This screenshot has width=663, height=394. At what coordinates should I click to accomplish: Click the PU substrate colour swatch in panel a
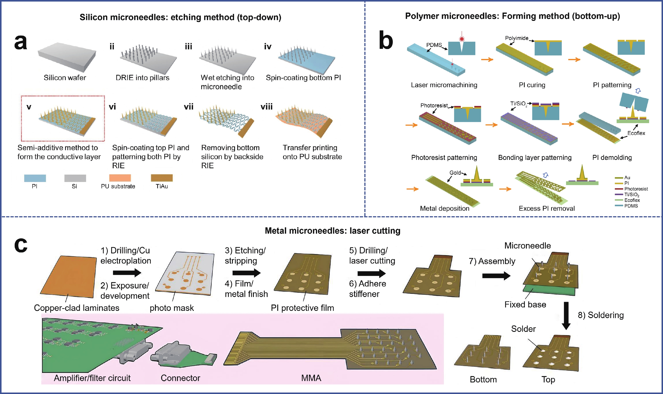tap(120, 178)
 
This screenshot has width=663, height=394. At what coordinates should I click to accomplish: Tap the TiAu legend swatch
tap(162, 178)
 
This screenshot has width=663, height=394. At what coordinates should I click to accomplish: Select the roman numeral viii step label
tap(266, 107)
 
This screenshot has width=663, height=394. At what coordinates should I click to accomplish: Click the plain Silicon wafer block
tap(67, 57)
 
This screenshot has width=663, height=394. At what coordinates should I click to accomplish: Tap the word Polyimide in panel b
tap(517, 38)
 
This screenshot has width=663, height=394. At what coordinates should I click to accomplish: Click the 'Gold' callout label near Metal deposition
tap(455, 172)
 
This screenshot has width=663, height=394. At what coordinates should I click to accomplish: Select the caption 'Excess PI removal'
tap(547, 208)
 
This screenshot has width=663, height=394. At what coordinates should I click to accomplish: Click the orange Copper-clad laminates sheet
tap(68, 277)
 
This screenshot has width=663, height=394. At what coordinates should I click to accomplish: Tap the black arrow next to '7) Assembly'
tap(496, 276)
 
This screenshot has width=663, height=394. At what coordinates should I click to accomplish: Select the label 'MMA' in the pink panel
tap(311, 378)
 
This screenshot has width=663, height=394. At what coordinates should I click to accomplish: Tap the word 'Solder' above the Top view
tap(523, 329)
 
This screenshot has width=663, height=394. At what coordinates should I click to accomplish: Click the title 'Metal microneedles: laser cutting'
tap(333, 231)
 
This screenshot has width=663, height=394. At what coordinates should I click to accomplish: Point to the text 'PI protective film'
tap(302, 308)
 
